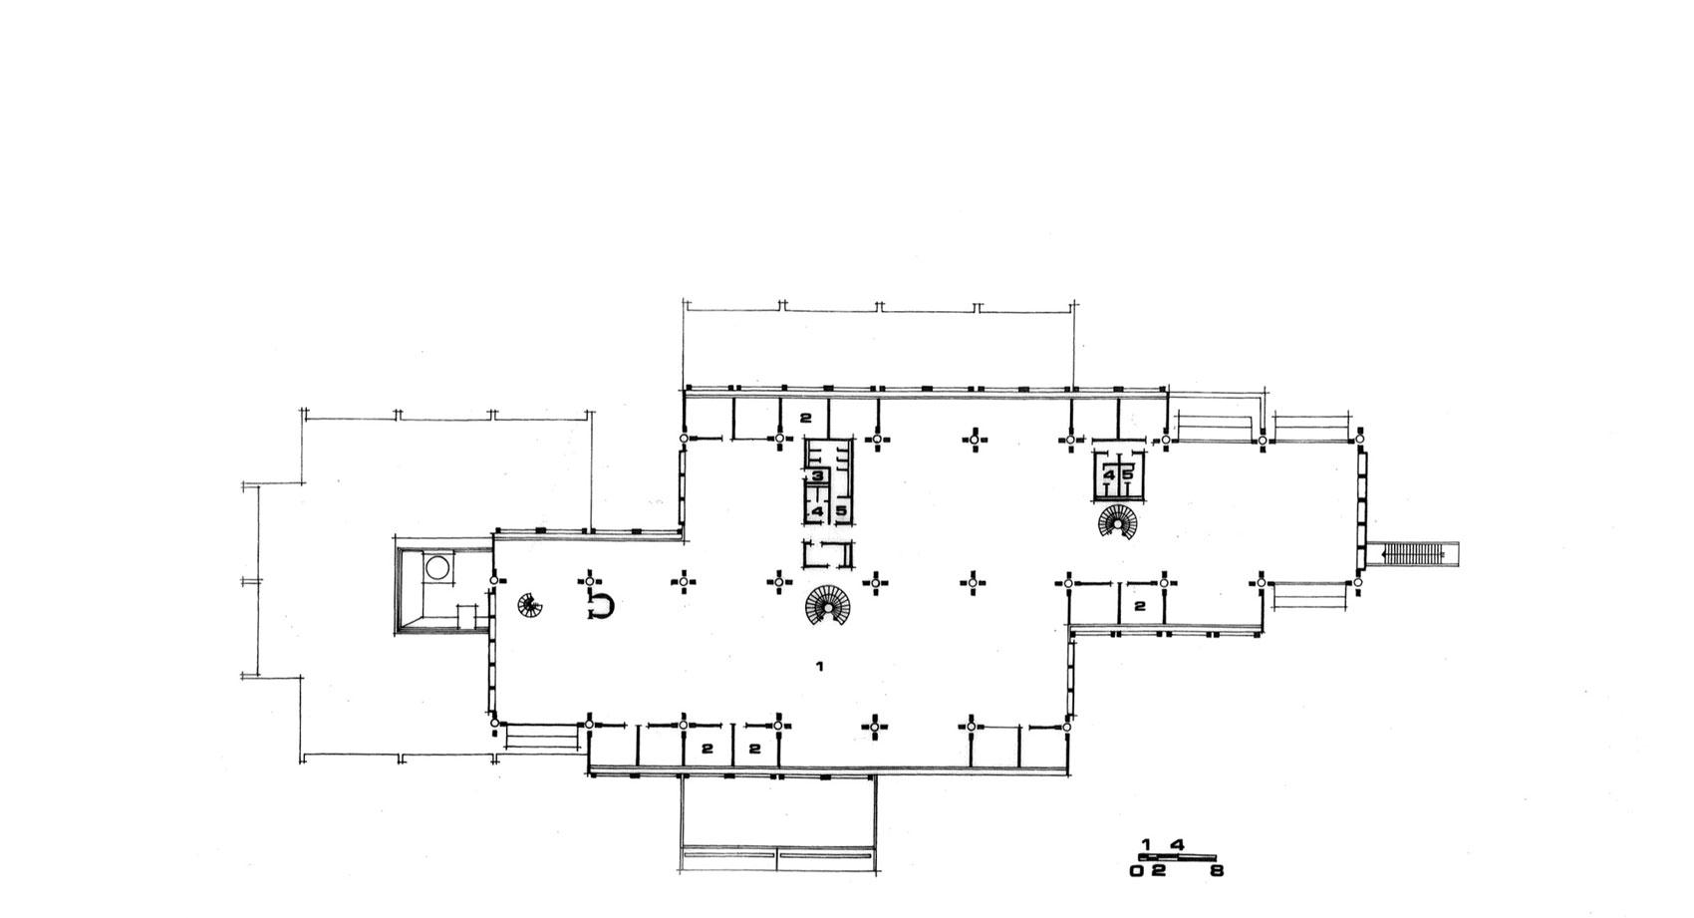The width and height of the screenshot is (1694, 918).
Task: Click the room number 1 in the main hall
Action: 819,666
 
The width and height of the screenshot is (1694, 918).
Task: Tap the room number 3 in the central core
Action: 817,475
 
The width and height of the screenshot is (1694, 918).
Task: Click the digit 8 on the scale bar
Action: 1217,870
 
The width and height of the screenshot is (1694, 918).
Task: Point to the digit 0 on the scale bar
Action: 1137,870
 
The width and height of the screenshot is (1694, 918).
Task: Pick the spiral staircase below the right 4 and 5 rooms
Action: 1118,521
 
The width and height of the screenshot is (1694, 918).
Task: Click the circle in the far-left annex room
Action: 437,567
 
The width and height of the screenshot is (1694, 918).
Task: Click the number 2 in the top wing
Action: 805,418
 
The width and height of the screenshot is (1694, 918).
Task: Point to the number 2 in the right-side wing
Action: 1140,606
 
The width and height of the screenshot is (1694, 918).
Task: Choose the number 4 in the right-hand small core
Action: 1109,475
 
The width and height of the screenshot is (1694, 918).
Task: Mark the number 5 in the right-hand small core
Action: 1128,475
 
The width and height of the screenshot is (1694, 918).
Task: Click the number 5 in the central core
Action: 841,511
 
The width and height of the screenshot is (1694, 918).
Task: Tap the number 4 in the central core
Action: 817,511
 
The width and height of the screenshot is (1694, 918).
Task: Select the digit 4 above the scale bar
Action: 1178,844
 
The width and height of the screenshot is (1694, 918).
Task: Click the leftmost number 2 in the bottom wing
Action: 707,749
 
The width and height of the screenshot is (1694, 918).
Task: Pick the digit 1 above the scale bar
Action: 1146,844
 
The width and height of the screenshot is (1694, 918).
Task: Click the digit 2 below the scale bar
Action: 1159,870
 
